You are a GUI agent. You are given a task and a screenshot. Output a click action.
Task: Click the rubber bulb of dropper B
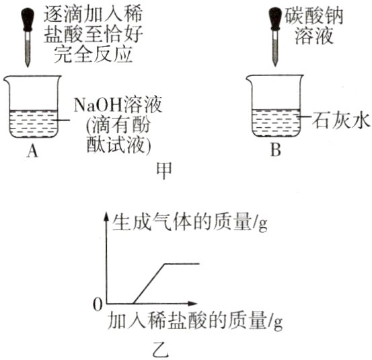coord(275,15)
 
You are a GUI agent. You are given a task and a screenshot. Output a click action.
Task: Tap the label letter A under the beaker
coord(32,151)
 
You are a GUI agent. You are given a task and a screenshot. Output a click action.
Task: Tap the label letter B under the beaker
coord(275,151)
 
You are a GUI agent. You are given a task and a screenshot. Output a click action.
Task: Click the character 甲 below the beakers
coord(163,168)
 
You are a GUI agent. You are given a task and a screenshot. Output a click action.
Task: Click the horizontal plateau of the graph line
coord(181,264)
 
